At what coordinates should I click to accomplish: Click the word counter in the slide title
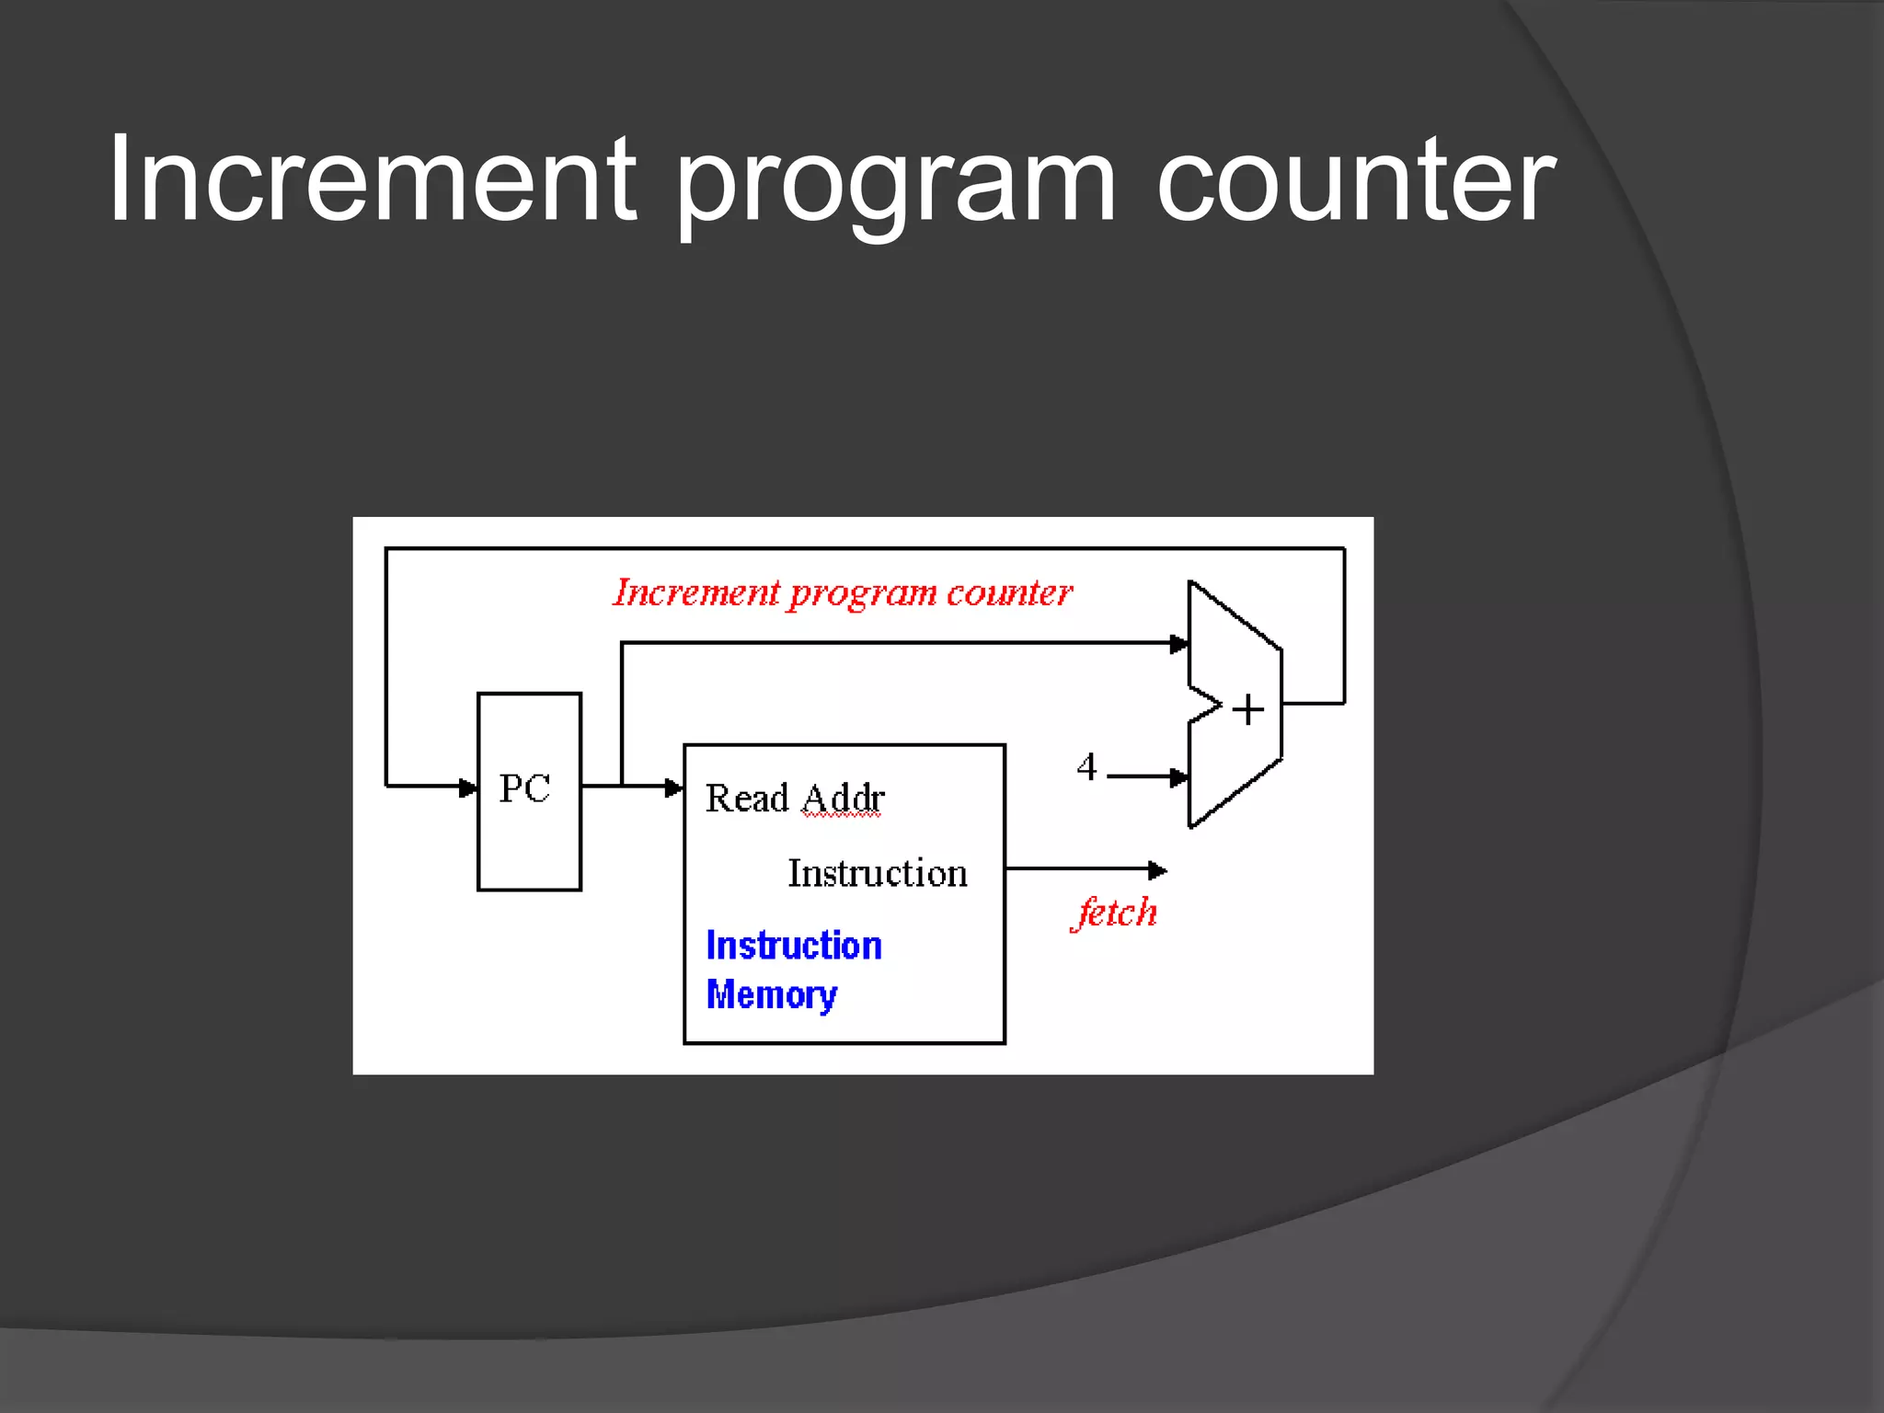tap(1355, 180)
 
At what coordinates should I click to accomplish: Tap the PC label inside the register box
tap(524, 788)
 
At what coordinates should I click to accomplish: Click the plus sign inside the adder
tap(1247, 710)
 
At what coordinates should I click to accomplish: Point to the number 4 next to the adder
tap(1087, 766)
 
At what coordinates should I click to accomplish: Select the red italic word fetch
tap(1115, 913)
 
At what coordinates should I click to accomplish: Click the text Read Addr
tap(795, 798)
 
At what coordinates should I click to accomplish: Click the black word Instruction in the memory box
tap(878, 872)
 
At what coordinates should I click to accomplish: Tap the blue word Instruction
tap(794, 946)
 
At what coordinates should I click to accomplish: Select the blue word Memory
tap(771, 994)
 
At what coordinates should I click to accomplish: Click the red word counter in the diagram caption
tap(1009, 592)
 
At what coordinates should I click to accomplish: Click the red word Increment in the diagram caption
tap(696, 592)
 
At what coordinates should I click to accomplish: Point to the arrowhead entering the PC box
tap(468, 787)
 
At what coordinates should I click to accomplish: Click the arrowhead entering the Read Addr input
tap(674, 787)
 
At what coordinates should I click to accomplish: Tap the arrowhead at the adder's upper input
tap(1178, 644)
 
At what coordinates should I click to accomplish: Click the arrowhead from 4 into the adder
tap(1178, 777)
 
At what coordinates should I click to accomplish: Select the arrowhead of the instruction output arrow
tap(1157, 869)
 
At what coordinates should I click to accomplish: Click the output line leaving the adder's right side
tap(1313, 704)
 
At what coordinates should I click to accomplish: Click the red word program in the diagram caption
tap(862, 594)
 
